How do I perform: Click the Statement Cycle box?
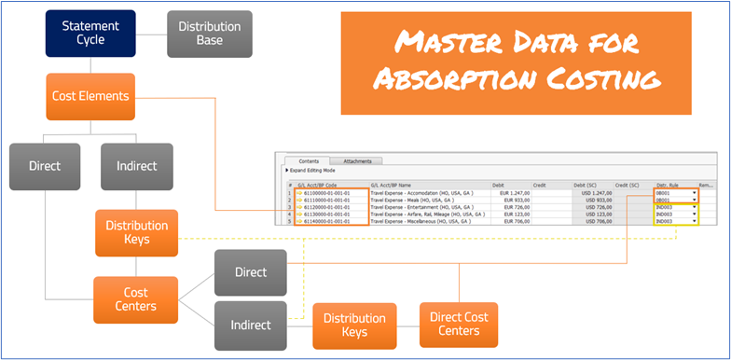point(90,34)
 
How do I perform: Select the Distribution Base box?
point(209,34)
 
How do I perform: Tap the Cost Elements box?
point(90,96)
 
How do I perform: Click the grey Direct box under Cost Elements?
point(45,167)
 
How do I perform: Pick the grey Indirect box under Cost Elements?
point(136,167)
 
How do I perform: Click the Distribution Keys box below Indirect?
point(136,232)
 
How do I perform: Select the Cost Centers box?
point(136,299)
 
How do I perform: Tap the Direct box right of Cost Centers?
point(250,272)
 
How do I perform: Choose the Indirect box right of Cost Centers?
point(250,325)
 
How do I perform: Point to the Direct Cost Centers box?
point(458,325)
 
